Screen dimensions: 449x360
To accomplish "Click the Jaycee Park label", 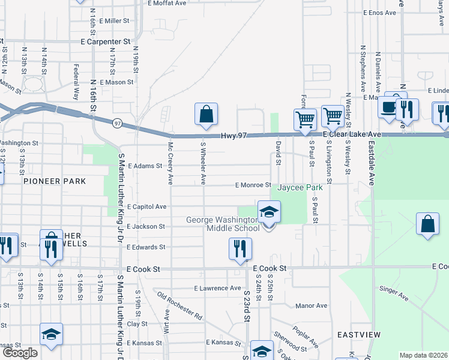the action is click(x=300, y=187).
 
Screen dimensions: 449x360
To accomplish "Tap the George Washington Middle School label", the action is click(x=223, y=224).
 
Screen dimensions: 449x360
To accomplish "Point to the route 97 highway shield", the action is click(x=117, y=122).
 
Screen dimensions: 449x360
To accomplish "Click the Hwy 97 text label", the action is click(x=234, y=136).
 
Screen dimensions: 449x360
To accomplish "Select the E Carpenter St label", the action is click(x=106, y=42).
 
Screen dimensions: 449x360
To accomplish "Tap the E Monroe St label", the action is click(x=253, y=186).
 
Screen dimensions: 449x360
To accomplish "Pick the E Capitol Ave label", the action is click(x=146, y=206).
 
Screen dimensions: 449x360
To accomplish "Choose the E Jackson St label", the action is click(x=145, y=226).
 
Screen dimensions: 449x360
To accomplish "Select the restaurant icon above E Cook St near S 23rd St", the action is click(x=241, y=249).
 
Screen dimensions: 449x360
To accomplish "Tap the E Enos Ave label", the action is click(x=379, y=12).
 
